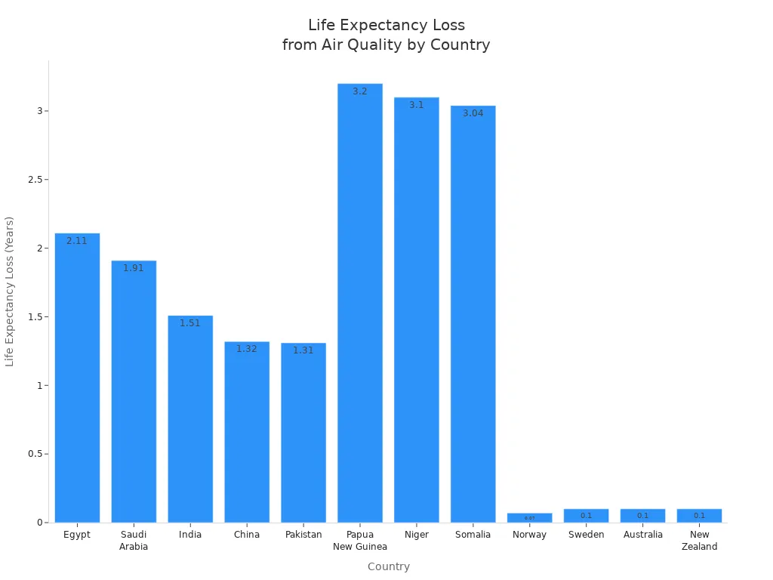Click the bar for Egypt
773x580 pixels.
(x=77, y=378)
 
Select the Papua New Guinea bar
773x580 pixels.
(x=360, y=303)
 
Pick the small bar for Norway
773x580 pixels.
(x=530, y=518)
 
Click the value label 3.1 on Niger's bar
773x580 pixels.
(x=417, y=105)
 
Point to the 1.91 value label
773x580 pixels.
(x=134, y=268)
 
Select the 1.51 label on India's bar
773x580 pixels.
(x=190, y=323)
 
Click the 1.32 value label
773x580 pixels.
(x=247, y=349)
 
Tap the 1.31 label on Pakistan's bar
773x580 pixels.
(x=303, y=350)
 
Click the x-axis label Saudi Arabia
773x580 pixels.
(x=134, y=541)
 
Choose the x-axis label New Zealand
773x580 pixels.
(x=699, y=541)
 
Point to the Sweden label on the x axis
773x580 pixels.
(x=587, y=535)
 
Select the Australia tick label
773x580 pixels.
(x=643, y=535)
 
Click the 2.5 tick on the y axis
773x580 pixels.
(x=34, y=180)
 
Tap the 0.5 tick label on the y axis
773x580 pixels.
(x=34, y=454)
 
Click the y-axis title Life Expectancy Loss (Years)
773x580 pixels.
(x=10, y=292)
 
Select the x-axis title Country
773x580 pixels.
(x=389, y=566)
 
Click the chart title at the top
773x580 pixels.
(x=386, y=35)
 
